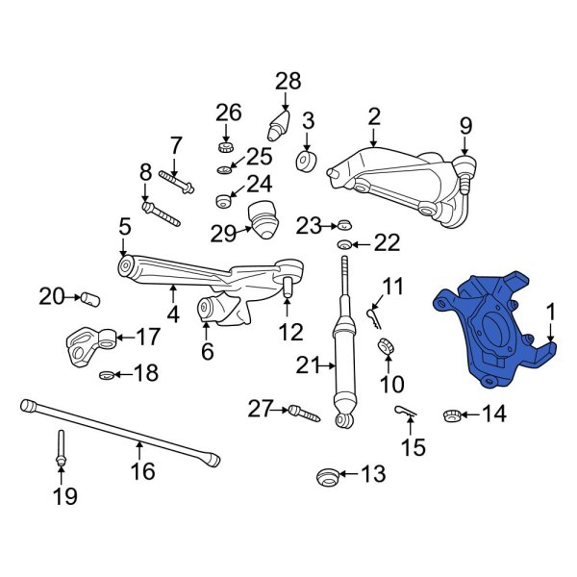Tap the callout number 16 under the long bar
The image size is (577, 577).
142,471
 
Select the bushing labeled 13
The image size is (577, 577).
327,475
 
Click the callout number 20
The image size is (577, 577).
51,296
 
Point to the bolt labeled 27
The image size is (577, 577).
301,413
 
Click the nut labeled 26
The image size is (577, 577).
227,146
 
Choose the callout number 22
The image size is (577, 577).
386,244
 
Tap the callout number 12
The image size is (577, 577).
289,333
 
